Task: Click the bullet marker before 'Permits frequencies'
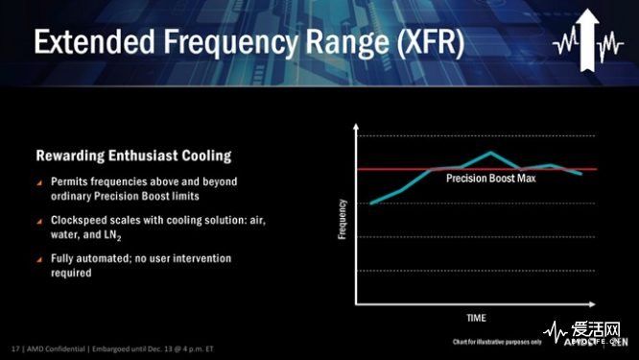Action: (x=39, y=182)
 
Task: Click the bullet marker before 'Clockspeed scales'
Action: (x=39, y=221)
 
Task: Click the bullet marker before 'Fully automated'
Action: (x=39, y=259)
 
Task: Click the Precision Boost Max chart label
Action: (x=489, y=179)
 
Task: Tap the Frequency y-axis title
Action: (x=343, y=218)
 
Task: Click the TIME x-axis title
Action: (x=476, y=317)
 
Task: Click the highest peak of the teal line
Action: (x=491, y=152)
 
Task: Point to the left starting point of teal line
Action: (x=371, y=203)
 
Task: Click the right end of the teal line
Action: (x=581, y=174)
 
